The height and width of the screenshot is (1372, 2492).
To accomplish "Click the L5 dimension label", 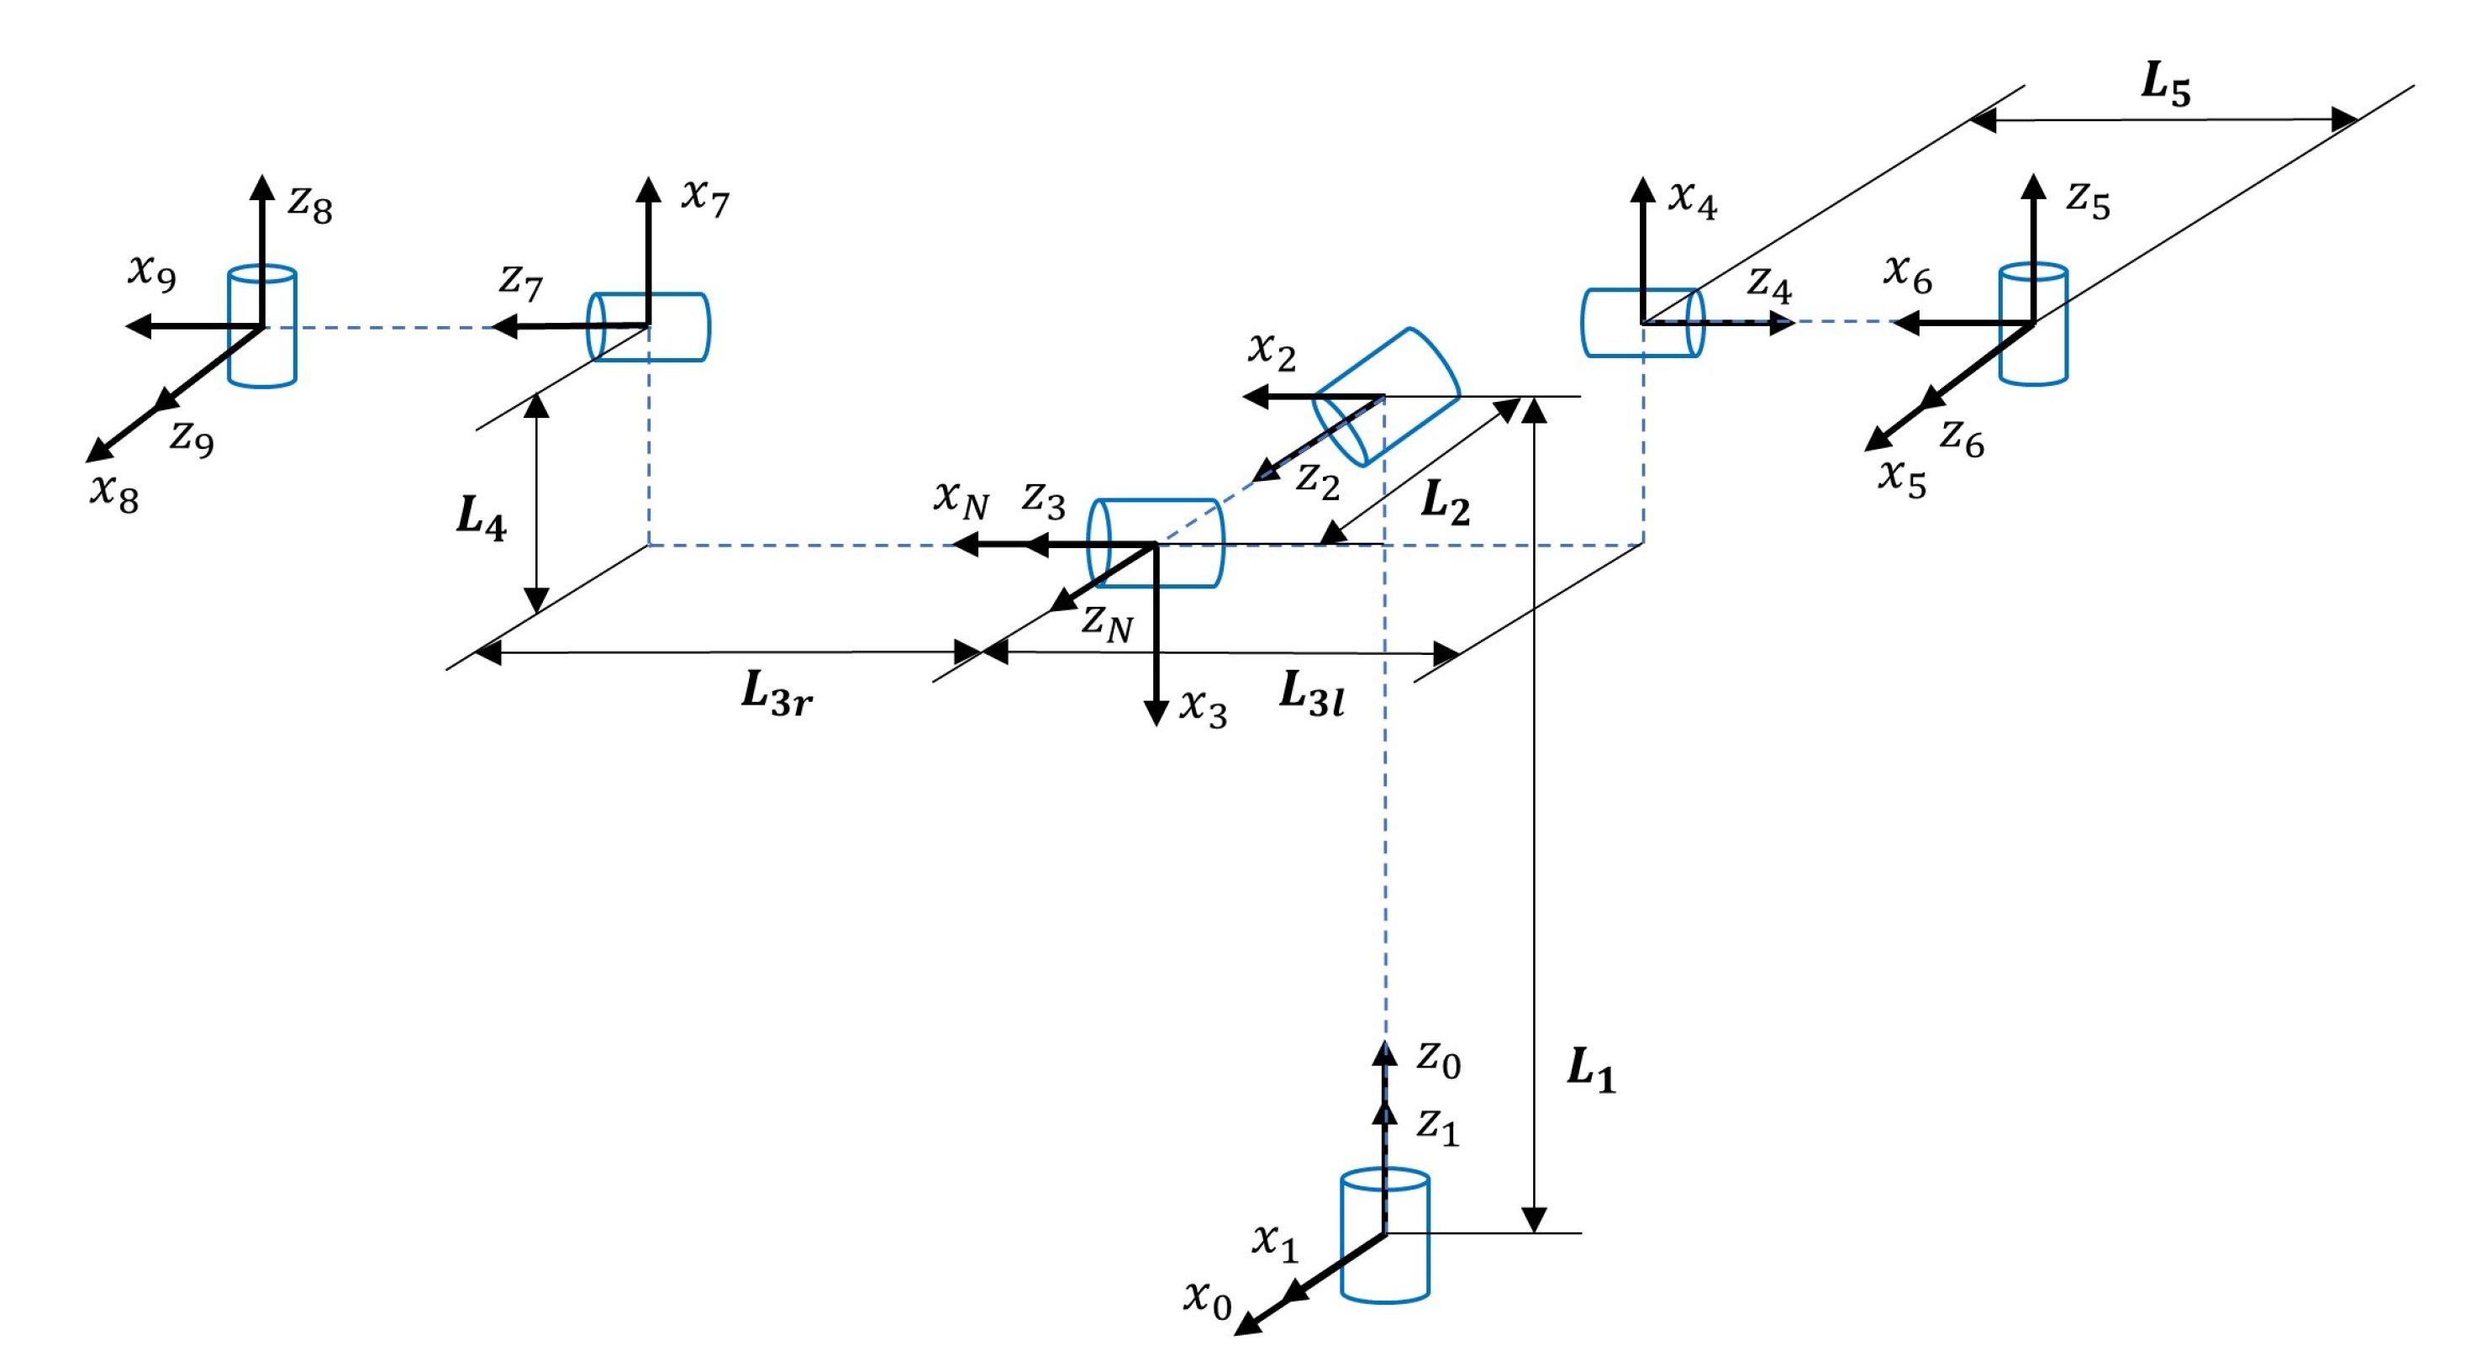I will point(2165,85).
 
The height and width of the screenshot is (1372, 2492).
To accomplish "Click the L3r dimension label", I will point(776,694).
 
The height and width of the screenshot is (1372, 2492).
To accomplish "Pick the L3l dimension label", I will point(1311,693).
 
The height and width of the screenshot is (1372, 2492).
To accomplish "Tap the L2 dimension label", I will point(1444,503).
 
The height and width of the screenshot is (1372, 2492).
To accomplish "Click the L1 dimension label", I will point(1590,1070).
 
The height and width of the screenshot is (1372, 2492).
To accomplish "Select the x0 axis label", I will point(1207,1299).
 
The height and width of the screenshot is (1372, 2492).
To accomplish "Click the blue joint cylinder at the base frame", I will point(1384,1248).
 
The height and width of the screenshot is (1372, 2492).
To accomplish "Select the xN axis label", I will point(961,499).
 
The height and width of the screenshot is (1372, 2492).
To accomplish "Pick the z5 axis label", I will point(2088,199).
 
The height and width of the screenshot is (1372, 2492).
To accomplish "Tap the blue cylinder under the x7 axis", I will point(649,327).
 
